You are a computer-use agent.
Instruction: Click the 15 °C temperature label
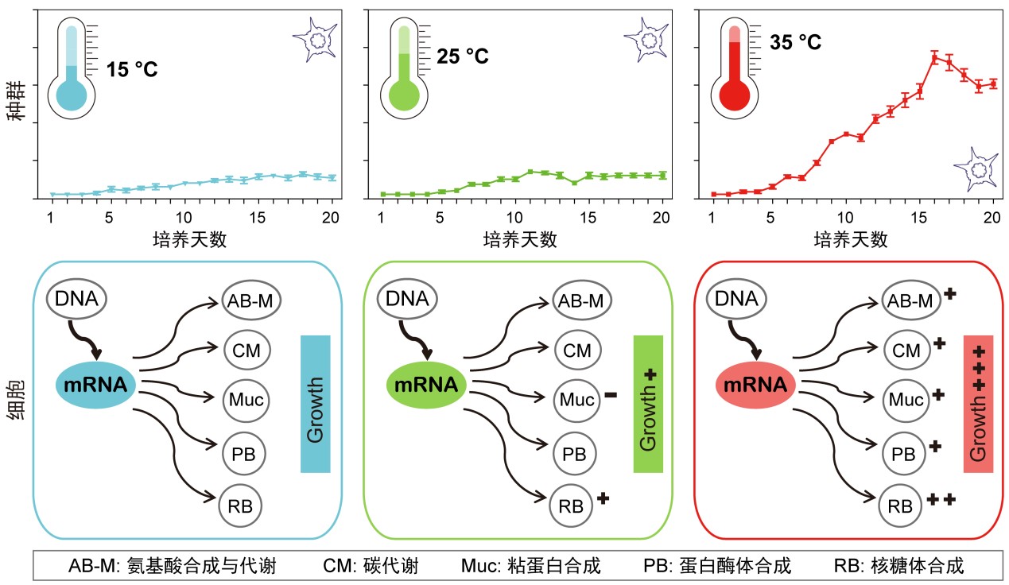tap(133, 69)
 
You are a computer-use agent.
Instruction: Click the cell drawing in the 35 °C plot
tap(976, 168)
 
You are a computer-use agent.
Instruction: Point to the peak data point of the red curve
tap(935, 57)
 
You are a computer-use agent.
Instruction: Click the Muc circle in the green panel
tap(575, 400)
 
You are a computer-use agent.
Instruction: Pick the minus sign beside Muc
tap(611, 393)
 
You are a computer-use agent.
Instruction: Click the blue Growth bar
tap(315, 404)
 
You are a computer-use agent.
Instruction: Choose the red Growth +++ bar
tap(978, 404)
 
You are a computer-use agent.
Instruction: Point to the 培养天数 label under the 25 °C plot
tap(521, 239)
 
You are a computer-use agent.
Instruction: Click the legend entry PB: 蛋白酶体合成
tap(717, 566)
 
